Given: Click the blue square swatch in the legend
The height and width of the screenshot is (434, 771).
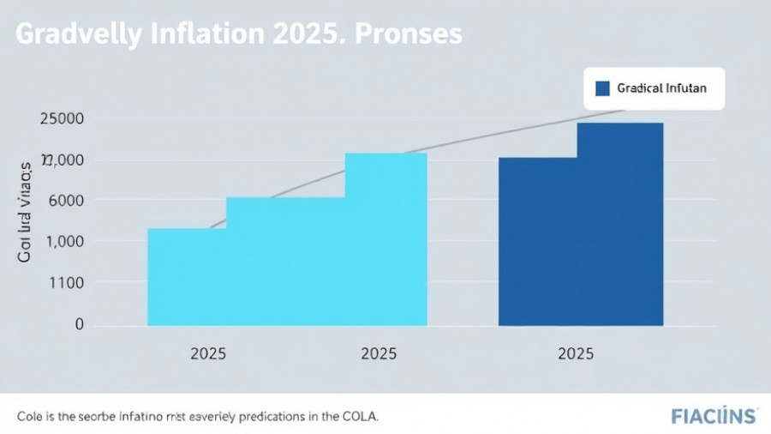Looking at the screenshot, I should (x=601, y=88).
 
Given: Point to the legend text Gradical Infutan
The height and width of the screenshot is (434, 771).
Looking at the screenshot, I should (x=661, y=88).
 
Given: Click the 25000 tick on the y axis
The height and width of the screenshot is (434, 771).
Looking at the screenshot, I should (x=62, y=119).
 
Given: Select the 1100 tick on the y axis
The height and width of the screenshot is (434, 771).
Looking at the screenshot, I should (x=66, y=283).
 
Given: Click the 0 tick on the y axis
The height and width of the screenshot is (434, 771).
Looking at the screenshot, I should (x=79, y=324).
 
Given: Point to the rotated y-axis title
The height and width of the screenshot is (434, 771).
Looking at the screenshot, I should (x=26, y=209).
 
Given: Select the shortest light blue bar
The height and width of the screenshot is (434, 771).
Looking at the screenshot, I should (x=187, y=276).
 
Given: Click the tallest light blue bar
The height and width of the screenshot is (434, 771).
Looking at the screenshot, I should (x=385, y=238).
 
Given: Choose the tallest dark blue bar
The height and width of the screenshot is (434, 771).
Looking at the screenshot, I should (x=619, y=223).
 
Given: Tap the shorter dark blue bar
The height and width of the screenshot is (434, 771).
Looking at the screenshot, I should (x=537, y=240).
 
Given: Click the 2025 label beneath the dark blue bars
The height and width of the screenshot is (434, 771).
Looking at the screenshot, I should (x=576, y=353).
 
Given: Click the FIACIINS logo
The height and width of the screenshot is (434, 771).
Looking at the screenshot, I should (x=714, y=416).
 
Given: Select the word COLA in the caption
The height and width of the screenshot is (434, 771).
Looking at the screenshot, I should (x=358, y=416).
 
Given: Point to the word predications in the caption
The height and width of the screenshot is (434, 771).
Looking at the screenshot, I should (x=270, y=416).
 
